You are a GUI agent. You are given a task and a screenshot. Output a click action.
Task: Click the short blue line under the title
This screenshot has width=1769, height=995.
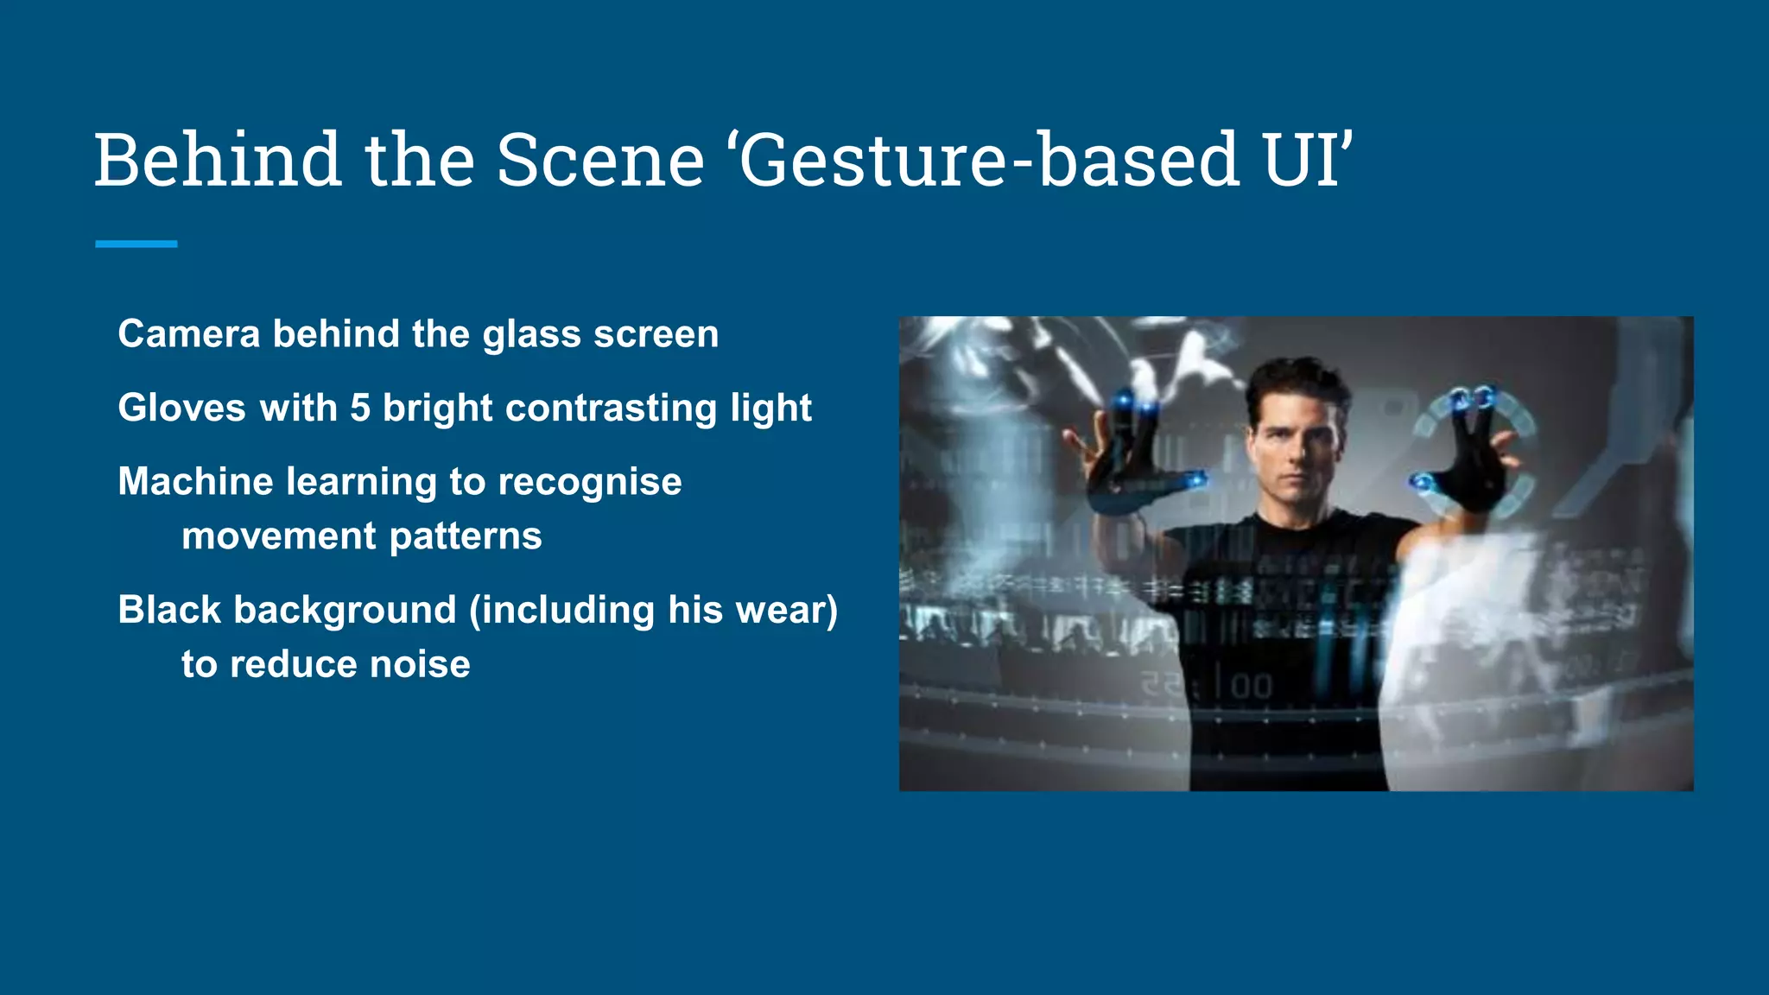[136, 244]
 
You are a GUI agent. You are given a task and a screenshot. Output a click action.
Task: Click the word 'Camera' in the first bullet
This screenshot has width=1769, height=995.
[188, 334]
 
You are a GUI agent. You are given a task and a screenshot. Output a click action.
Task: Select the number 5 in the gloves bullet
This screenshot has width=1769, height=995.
[360, 408]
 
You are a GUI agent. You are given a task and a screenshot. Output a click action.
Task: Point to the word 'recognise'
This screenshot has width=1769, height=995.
[590, 482]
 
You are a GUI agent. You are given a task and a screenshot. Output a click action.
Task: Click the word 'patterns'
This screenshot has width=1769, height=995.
[466, 536]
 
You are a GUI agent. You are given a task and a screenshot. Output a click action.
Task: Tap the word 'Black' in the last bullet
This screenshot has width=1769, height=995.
[169, 610]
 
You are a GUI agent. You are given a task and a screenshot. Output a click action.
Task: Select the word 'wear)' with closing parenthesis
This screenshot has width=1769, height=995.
[786, 610]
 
